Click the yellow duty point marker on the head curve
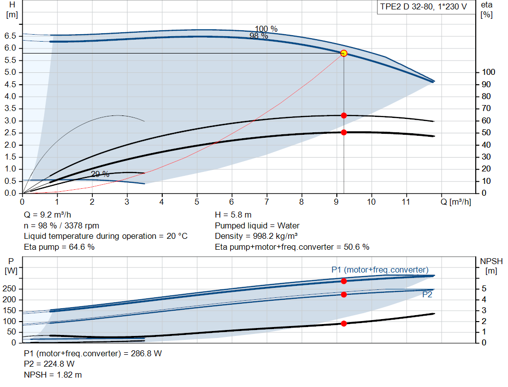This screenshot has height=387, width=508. click(x=344, y=53)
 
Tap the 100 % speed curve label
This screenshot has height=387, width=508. click(x=266, y=29)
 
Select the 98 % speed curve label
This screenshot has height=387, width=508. click(x=258, y=36)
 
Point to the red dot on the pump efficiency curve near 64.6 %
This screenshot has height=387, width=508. click(x=344, y=115)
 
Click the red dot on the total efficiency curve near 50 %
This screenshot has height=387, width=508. click(x=344, y=132)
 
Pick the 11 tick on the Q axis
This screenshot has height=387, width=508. click(x=406, y=202)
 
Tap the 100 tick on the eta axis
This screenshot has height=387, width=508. click(x=488, y=72)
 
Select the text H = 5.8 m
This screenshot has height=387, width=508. click(x=233, y=215)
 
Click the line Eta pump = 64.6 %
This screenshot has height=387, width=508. click(x=59, y=247)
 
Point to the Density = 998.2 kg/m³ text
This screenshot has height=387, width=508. click(x=256, y=236)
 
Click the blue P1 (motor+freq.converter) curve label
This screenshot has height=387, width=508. click(x=380, y=270)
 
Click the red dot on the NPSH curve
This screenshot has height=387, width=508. click(x=344, y=324)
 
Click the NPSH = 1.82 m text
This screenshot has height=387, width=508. click(x=53, y=375)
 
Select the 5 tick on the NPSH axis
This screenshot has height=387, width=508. click(x=484, y=289)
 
